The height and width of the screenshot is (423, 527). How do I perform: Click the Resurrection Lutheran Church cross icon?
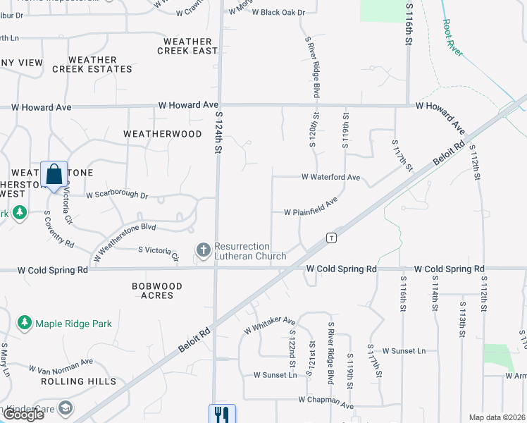click(x=203, y=250)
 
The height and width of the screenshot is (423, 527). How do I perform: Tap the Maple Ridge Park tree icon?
click(x=25, y=323)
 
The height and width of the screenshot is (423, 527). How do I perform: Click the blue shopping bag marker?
click(x=54, y=173)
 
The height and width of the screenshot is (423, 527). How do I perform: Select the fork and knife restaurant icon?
click(x=221, y=413)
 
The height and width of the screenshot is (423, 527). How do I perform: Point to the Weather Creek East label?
click(x=187, y=47)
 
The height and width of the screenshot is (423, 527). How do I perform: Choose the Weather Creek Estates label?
click(x=101, y=65)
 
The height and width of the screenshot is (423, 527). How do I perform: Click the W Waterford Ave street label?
click(x=331, y=178)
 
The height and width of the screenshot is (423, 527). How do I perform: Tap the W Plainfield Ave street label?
click(x=311, y=208)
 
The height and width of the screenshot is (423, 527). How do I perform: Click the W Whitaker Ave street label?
click(x=269, y=325)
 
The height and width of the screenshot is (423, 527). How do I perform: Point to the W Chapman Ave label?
click(x=325, y=403)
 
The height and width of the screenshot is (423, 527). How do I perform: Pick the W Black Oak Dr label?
click(x=278, y=13)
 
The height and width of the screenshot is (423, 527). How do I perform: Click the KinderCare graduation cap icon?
click(x=66, y=408)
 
